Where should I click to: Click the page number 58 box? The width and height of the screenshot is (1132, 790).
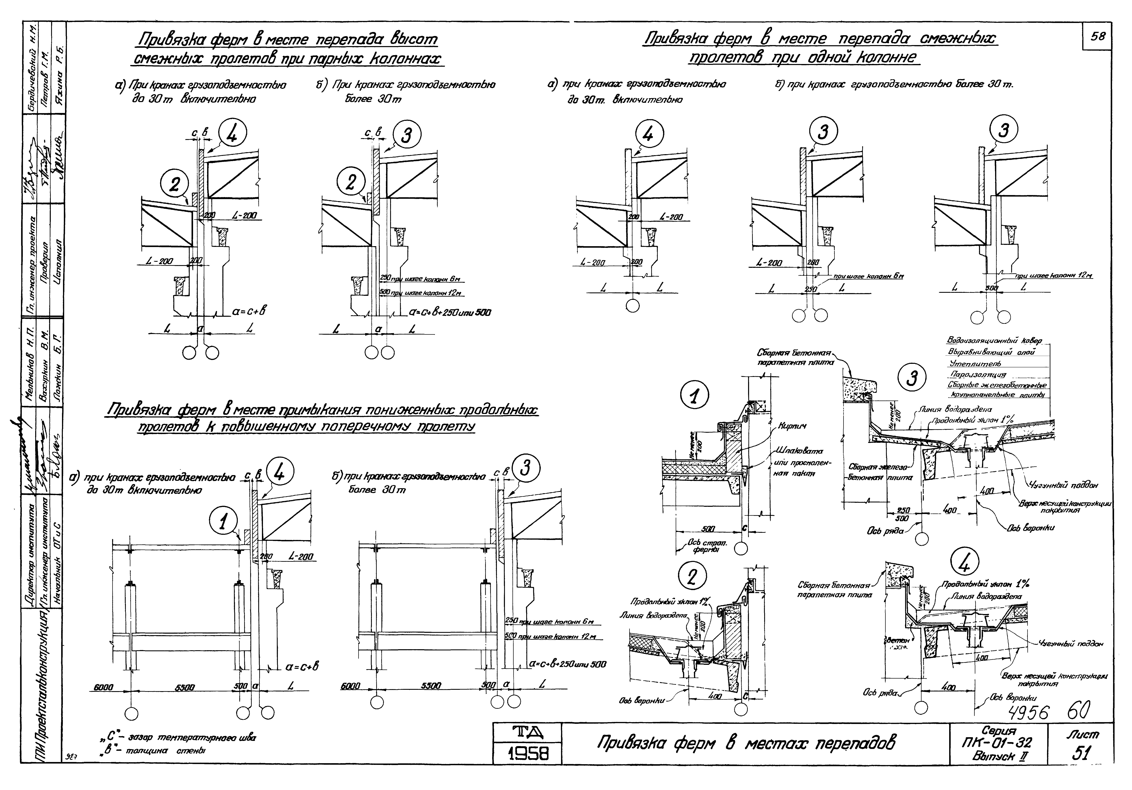pos(1097,37)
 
